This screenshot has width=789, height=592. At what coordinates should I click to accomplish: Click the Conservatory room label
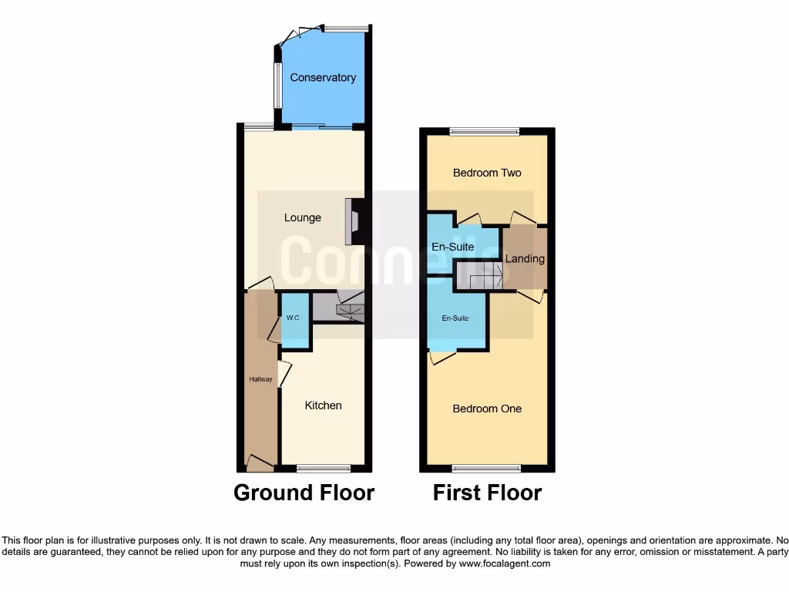(323, 78)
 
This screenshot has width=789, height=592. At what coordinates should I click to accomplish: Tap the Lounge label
(303, 218)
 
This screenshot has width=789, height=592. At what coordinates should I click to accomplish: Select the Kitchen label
(323, 405)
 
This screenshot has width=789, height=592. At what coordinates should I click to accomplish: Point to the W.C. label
(293, 318)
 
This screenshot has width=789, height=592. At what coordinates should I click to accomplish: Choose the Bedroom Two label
(487, 173)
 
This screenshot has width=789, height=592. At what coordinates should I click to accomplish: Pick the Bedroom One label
(487, 409)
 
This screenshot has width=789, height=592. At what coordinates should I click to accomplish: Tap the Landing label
(525, 259)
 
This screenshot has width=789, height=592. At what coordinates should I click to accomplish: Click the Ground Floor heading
(304, 493)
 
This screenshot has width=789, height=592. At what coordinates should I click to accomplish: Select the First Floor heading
(487, 493)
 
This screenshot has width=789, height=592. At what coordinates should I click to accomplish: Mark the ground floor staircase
(349, 308)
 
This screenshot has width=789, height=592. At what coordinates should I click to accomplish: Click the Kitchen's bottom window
(324, 468)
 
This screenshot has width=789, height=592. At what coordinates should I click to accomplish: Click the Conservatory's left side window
(278, 84)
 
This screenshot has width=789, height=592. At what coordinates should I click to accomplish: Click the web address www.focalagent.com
(505, 563)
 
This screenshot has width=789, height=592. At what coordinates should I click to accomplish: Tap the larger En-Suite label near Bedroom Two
(452, 247)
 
